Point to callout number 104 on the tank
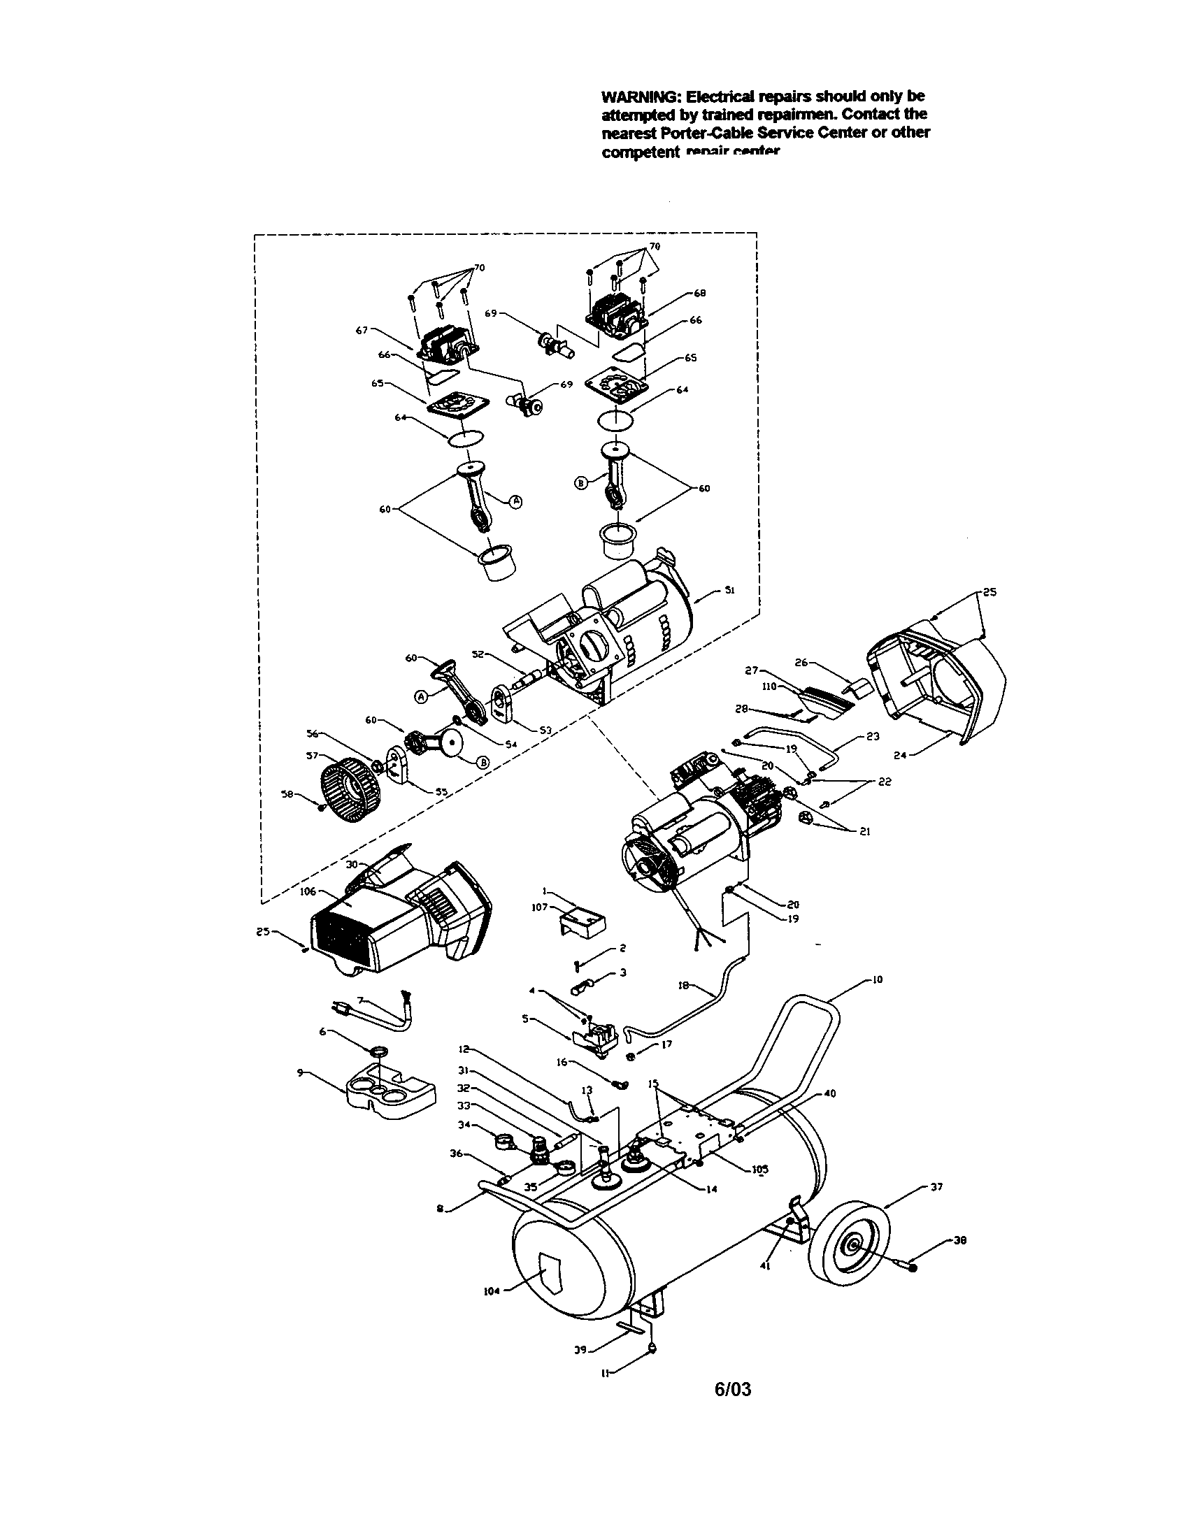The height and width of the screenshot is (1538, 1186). click(x=491, y=1291)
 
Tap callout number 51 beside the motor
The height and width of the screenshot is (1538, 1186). click(x=730, y=591)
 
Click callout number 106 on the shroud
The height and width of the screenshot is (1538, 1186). click(x=308, y=891)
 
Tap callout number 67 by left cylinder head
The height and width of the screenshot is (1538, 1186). click(x=362, y=329)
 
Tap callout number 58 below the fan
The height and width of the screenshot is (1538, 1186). click(x=287, y=794)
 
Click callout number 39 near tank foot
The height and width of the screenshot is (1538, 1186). click(x=580, y=1351)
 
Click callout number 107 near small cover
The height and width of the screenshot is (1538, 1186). click(x=539, y=907)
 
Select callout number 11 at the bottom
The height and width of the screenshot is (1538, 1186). click(x=605, y=1372)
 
